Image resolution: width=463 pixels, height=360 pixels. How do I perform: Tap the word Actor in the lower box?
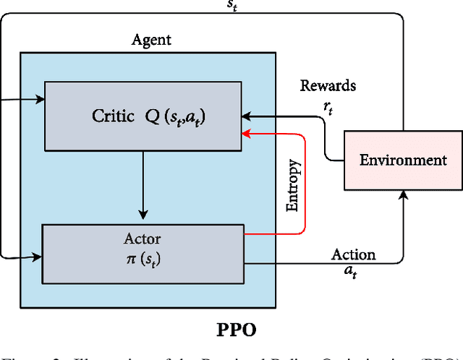click(x=143, y=239)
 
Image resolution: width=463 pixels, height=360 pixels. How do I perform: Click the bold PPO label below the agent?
click(x=237, y=330)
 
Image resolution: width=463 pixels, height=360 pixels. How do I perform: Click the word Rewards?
click(x=328, y=86)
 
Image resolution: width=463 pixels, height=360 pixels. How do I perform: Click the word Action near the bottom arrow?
click(x=353, y=254)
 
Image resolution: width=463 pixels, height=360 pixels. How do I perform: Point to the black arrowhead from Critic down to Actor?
click(x=143, y=215)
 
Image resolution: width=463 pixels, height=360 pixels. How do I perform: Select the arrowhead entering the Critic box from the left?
click(x=41, y=100)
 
